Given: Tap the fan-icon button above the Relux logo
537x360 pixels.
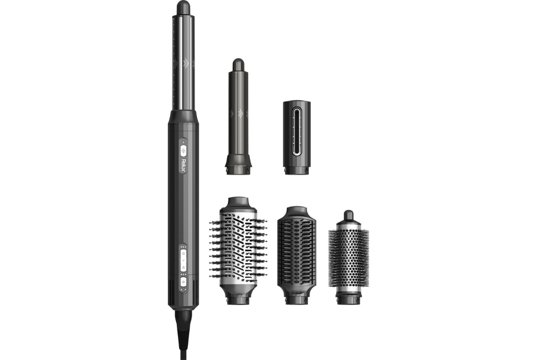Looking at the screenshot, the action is coord(183,150).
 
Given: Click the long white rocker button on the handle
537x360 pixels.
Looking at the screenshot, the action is coord(183,260).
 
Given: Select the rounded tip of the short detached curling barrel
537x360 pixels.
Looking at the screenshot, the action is coord(238,64).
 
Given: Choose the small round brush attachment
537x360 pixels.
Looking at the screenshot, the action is coord(349,257).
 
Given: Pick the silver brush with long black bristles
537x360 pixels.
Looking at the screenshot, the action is coord(238,250).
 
